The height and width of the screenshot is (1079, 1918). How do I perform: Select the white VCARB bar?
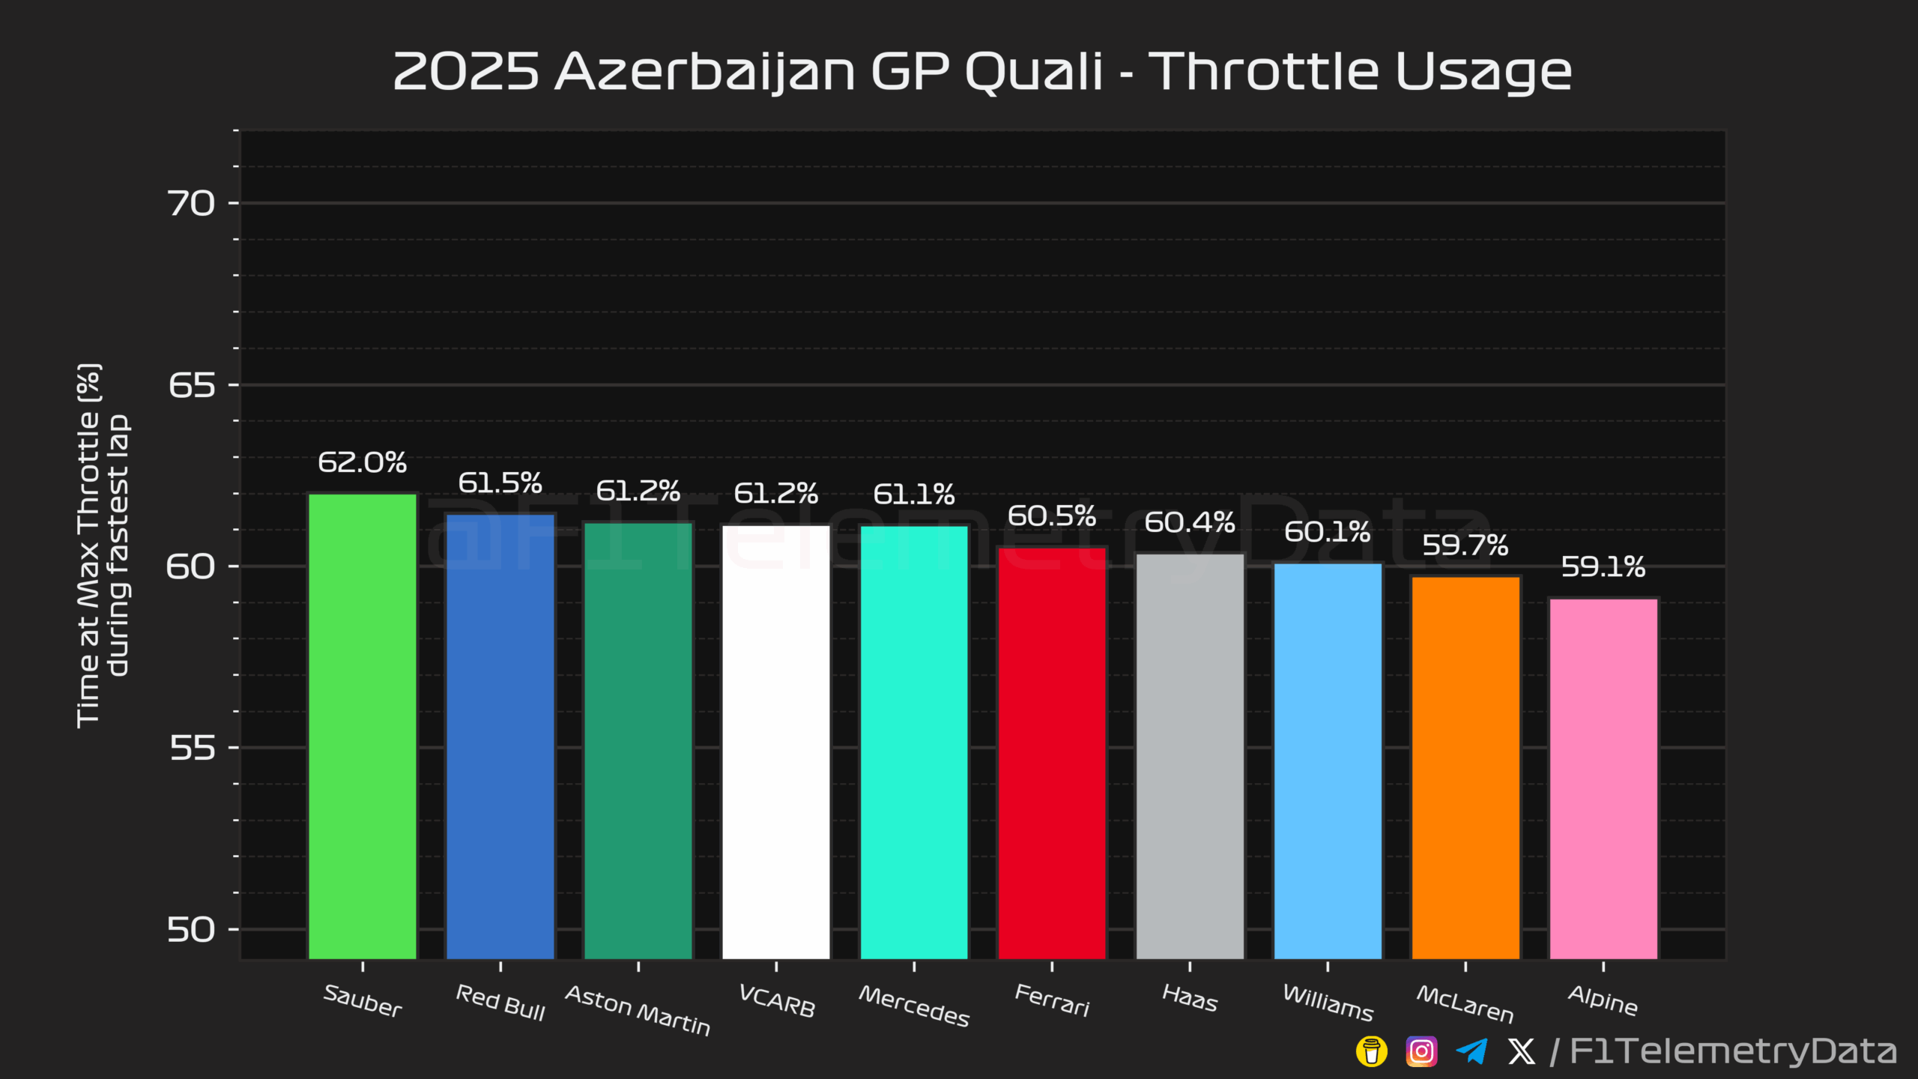[x=776, y=742]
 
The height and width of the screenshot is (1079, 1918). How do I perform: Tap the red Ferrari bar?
[x=1052, y=752]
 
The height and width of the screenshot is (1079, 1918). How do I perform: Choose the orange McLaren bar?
[x=1465, y=767]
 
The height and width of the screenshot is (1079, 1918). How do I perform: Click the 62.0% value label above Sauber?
[x=363, y=462]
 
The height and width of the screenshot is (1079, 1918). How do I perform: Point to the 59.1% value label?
[x=1603, y=567]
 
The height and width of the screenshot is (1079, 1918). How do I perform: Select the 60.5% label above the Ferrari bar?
[x=1052, y=516]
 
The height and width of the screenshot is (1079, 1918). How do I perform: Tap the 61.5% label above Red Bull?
[x=500, y=483]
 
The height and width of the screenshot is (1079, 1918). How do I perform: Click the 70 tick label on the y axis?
[x=191, y=204]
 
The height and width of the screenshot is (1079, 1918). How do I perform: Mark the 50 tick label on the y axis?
[x=191, y=930]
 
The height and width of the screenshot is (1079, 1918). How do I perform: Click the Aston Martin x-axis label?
[x=638, y=1010]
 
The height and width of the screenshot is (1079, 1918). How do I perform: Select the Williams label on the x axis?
[x=1328, y=1003]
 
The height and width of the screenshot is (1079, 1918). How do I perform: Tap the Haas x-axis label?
[x=1190, y=998]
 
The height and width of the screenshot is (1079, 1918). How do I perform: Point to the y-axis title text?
[x=103, y=545]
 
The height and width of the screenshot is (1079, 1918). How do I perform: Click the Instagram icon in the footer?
[x=1421, y=1051]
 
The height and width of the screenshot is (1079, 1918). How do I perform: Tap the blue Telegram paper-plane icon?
[x=1471, y=1051]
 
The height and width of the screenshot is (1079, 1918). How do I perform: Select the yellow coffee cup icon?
[x=1371, y=1051]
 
